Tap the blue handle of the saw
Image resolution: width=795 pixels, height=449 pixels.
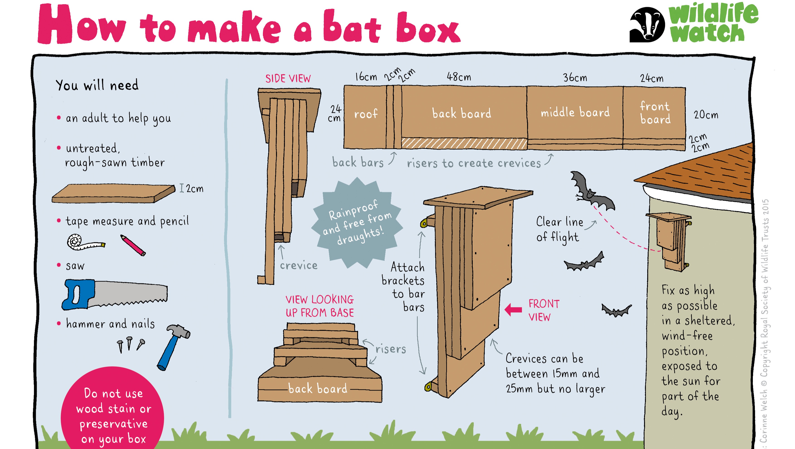(x=77, y=294)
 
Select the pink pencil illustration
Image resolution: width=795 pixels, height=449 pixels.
(x=133, y=245)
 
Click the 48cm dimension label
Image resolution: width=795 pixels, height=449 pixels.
(x=459, y=77)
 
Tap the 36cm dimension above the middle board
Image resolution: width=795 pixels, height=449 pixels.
(x=575, y=78)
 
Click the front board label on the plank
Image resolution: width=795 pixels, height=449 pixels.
(x=655, y=113)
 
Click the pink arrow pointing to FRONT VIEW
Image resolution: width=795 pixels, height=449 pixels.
(x=513, y=310)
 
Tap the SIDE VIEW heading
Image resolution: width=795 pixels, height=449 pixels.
(x=288, y=79)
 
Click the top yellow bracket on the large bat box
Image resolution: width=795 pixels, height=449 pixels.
(x=424, y=223)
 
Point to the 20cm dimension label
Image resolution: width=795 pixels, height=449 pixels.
(x=706, y=115)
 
